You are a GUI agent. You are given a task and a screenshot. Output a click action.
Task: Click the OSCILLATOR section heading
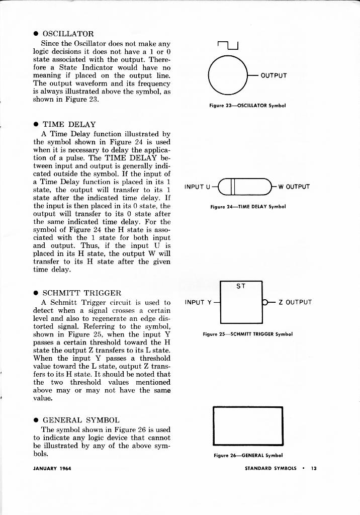(68, 34)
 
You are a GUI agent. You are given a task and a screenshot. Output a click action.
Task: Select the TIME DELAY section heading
(69, 124)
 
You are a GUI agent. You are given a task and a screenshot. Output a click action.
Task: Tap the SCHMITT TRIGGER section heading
(81, 293)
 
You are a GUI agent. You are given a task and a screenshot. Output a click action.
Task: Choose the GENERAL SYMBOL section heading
(81, 420)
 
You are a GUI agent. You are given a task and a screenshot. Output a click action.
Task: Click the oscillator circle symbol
(229, 76)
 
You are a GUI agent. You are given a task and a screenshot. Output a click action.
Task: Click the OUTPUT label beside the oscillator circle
(274, 76)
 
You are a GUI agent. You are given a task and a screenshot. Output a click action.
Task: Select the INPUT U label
(197, 187)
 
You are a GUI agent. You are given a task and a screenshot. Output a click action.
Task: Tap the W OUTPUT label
(294, 187)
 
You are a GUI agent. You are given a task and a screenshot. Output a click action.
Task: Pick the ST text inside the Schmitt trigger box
(241, 286)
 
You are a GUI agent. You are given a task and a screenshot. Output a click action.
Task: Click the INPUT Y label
(198, 302)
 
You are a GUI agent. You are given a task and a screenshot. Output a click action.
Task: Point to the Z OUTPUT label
(295, 302)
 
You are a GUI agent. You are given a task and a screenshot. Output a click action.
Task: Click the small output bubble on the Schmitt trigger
(264, 302)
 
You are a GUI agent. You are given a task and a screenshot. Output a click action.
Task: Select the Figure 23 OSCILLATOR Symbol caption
(247, 106)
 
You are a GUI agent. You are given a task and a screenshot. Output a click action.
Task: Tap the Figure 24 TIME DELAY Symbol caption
(248, 206)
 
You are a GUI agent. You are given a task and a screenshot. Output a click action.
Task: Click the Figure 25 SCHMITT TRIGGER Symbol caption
(247, 333)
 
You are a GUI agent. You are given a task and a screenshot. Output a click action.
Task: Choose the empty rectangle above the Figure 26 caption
(248, 426)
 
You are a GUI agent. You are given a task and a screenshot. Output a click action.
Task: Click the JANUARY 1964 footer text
(52, 468)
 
